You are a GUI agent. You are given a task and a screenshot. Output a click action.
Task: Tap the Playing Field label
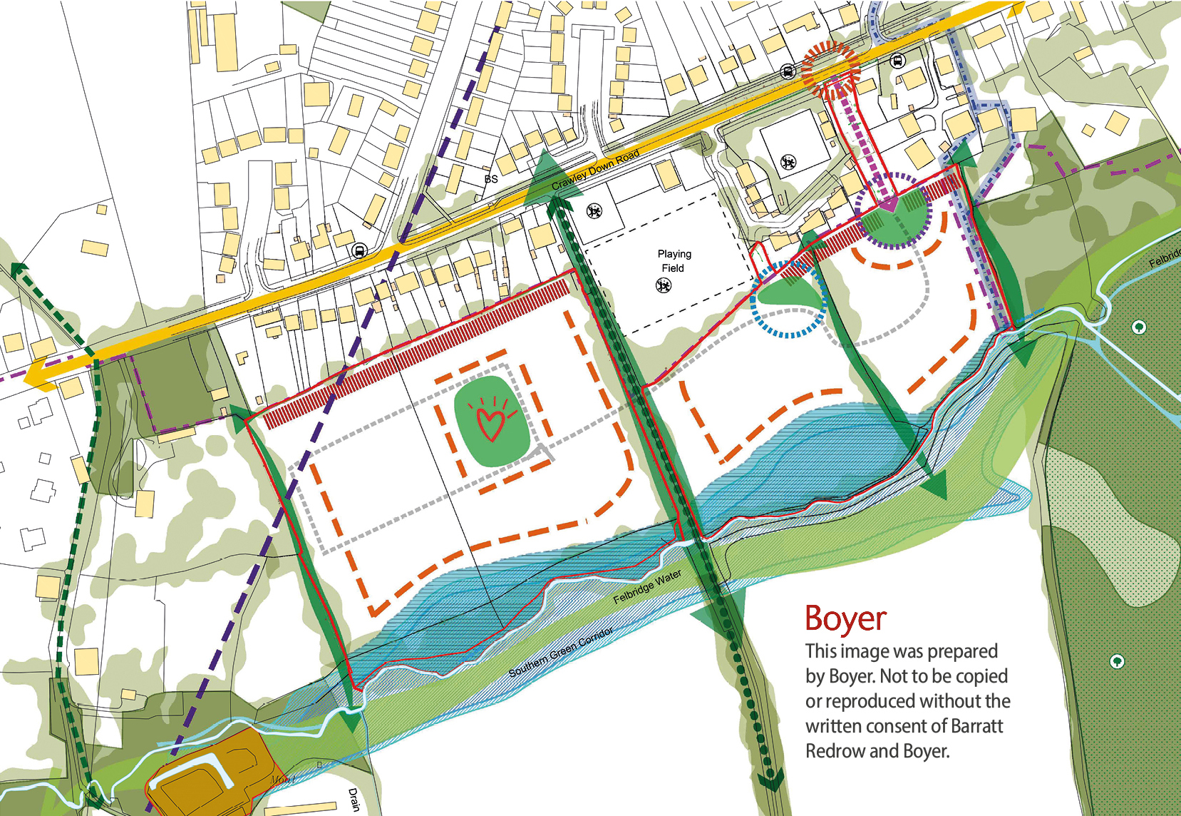point(674,261)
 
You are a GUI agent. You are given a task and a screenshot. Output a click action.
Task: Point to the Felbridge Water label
point(647,587)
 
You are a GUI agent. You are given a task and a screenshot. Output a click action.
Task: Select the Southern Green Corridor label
point(561,653)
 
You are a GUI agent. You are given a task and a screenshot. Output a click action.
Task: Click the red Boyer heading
point(845,618)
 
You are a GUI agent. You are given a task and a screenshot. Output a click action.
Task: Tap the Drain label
point(354,800)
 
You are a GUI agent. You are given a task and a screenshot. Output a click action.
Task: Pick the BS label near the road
point(491,179)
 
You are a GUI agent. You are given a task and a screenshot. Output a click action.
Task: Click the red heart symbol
point(490,421)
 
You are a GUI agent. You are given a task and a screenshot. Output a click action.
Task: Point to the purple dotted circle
point(893,210)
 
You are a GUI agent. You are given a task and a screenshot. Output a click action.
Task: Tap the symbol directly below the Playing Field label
point(664,286)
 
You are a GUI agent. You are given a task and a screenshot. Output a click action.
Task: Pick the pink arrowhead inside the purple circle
point(889,205)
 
